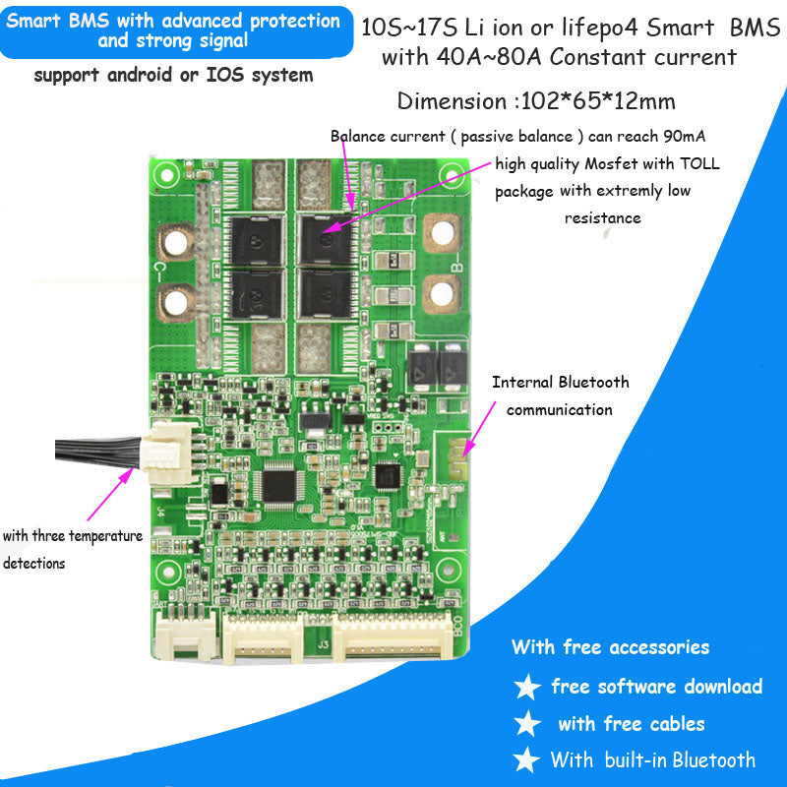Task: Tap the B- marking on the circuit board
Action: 454,265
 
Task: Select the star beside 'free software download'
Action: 528,687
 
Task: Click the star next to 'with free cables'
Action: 528,724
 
